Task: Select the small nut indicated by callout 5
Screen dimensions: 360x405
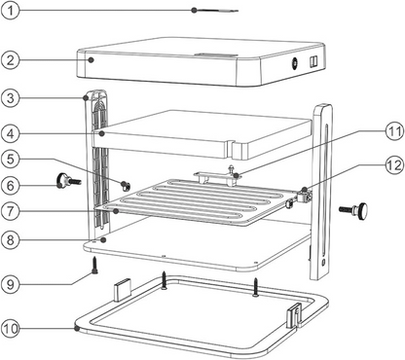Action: pyautogui.click(x=126, y=185)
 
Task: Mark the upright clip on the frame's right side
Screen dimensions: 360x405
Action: pyautogui.click(x=291, y=314)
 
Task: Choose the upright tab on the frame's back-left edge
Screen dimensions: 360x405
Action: pyautogui.click(x=121, y=289)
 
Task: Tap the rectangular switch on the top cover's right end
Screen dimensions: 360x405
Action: pyautogui.click(x=313, y=62)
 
